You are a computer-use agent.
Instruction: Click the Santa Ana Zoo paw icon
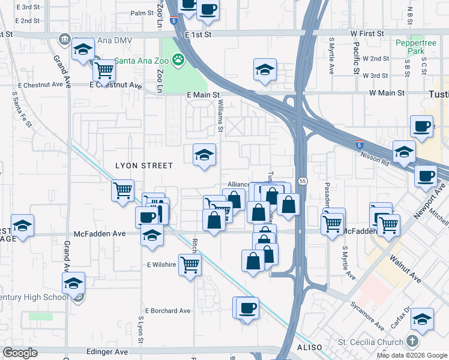pos(178,59)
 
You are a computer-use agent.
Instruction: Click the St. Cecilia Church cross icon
pos(411,342)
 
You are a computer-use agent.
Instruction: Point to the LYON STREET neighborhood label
pos(144,166)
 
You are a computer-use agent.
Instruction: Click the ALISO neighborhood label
pos(309,347)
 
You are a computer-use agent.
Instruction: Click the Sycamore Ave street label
pos(368,316)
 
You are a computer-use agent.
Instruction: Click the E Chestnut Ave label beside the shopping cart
pos(116,85)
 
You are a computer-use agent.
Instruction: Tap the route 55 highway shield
pos(303,181)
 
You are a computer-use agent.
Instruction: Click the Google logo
pos(20,353)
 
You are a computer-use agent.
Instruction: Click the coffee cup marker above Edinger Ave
pos(247,308)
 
